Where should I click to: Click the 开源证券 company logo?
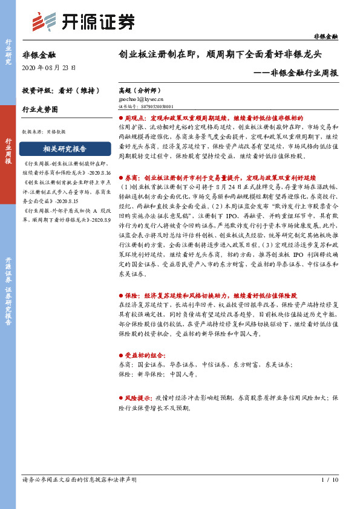pyautogui.click(x=83, y=22)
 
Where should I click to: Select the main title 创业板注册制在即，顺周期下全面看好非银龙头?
pyautogui.click(x=220, y=54)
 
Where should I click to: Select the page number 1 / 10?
pyautogui.click(x=329, y=481)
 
